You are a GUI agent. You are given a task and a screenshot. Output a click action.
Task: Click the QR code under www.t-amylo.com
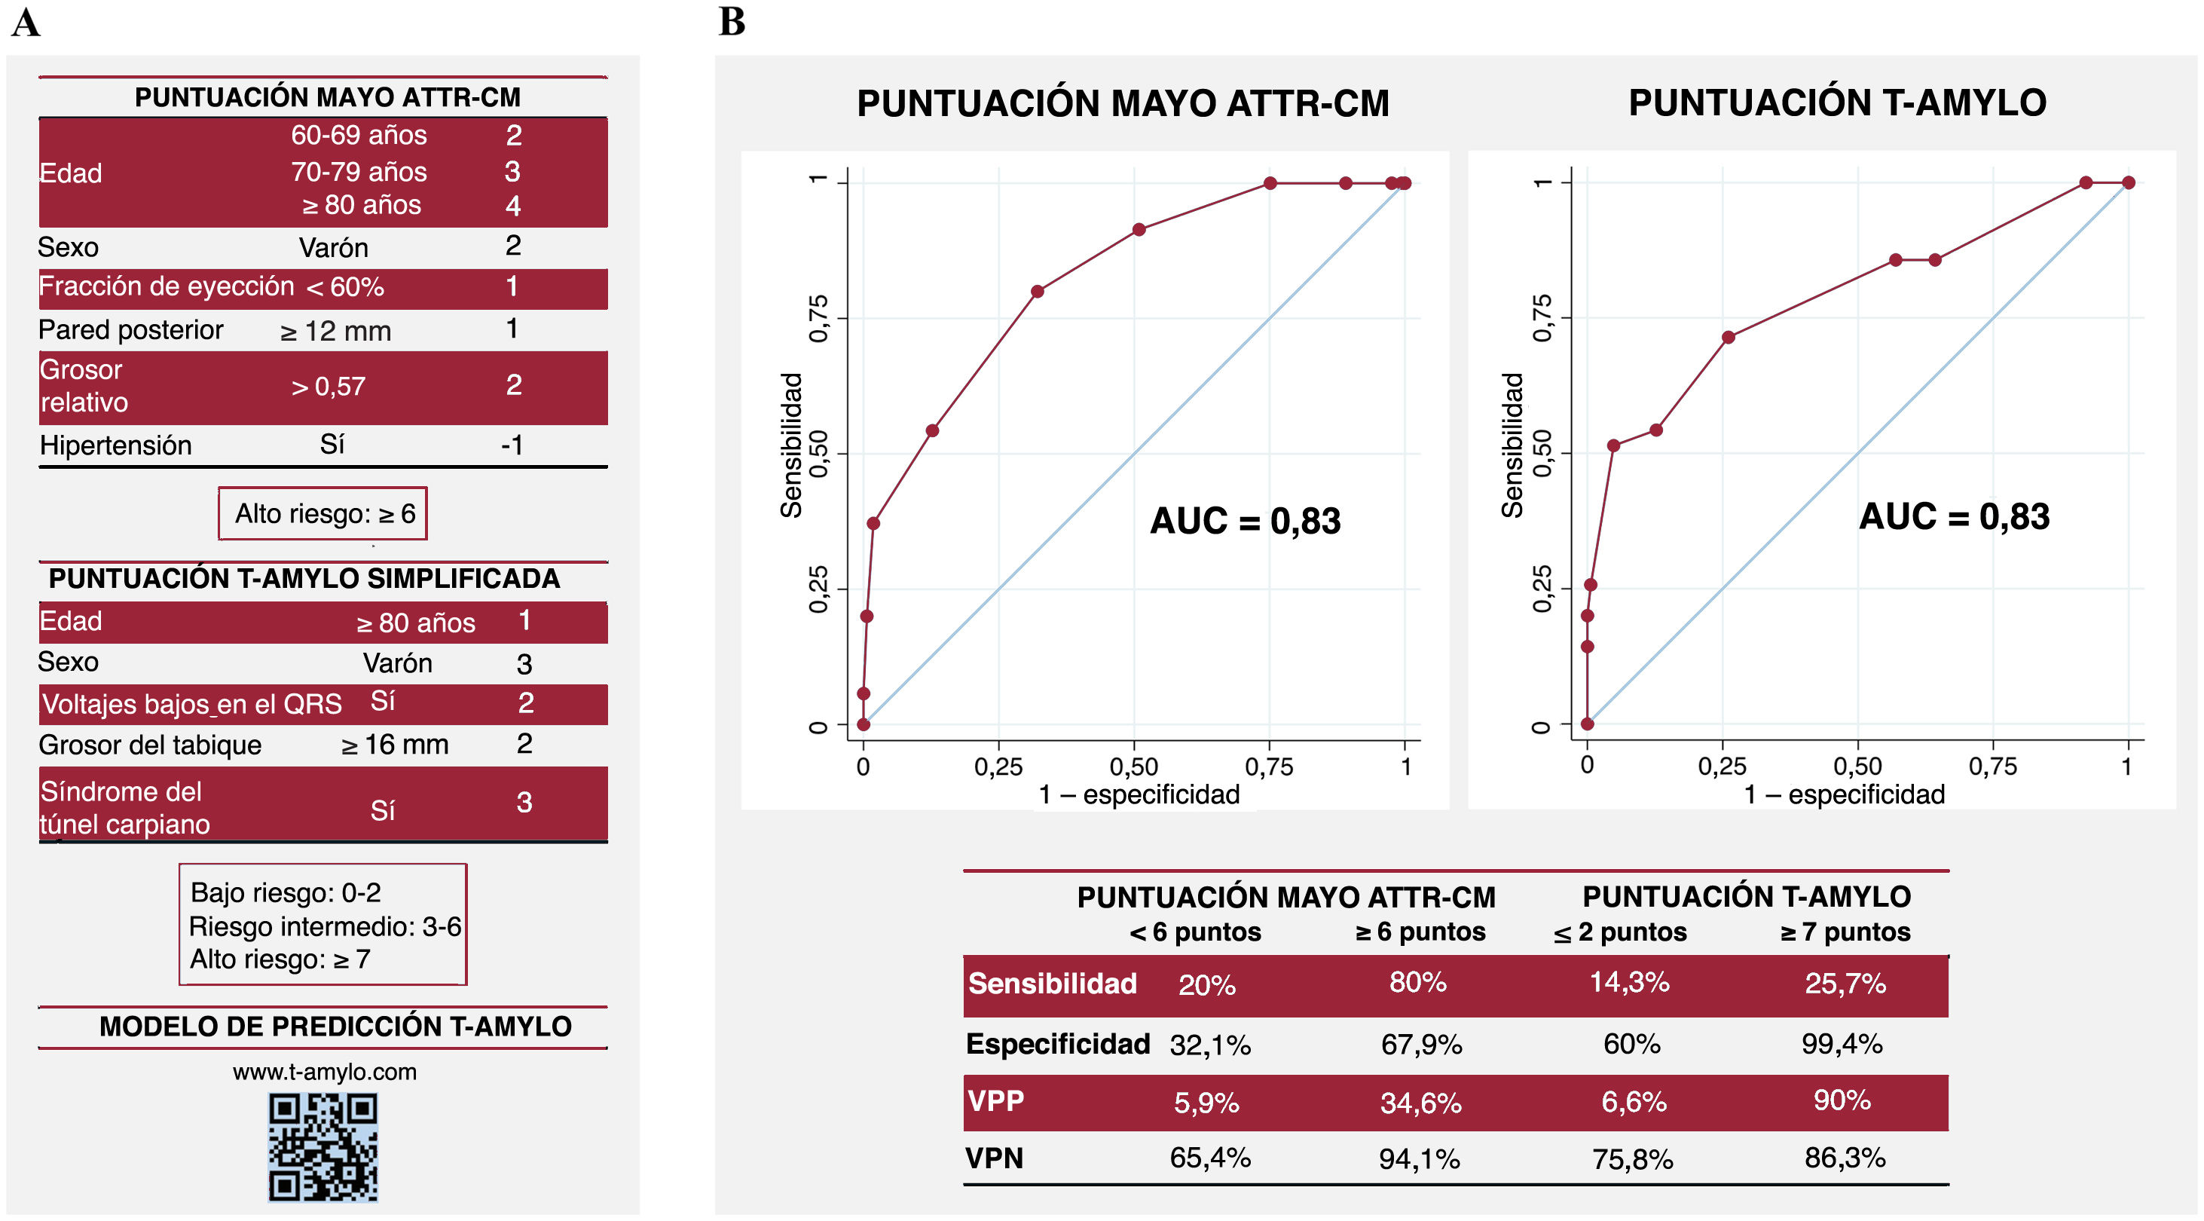[x=322, y=1146]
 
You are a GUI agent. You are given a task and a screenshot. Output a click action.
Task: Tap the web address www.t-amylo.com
[x=324, y=1071]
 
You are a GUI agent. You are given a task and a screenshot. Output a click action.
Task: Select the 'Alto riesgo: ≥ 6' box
[x=323, y=513]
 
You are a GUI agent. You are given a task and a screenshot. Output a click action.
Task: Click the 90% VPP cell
[x=1842, y=1100]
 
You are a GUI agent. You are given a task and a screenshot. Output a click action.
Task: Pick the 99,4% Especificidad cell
[x=1842, y=1044]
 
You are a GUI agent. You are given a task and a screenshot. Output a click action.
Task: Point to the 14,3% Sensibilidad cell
[x=1629, y=982]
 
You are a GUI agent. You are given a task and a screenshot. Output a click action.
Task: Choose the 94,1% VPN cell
[x=1419, y=1158]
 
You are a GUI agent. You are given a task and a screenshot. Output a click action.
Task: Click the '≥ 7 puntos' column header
[x=1845, y=932]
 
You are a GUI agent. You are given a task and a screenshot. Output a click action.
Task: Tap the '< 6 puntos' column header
[x=1195, y=932]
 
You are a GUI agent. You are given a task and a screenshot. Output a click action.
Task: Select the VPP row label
[x=995, y=1100]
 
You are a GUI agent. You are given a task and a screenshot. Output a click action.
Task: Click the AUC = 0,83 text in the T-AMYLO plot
[x=1954, y=517]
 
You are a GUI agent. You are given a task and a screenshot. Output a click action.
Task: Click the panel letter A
[x=26, y=23]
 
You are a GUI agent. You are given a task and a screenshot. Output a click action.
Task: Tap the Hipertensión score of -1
[x=512, y=445]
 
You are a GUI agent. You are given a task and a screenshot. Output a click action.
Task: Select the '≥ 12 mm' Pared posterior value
[x=335, y=331]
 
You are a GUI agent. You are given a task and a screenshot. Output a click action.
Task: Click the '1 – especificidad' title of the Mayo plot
[x=1138, y=795]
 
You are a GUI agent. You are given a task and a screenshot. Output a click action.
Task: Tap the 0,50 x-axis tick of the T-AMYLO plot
[x=1857, y=766]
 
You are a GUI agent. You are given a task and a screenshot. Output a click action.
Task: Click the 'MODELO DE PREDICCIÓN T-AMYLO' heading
[x=335, y=1026]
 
